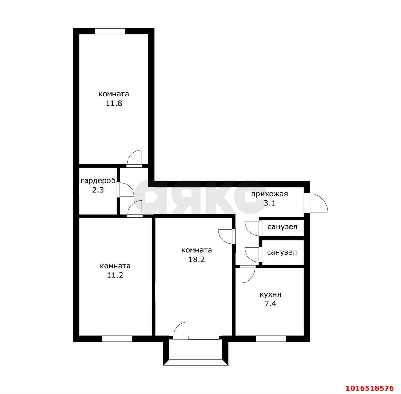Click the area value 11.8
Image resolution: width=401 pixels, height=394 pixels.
114,103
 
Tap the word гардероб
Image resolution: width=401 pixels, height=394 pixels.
98,181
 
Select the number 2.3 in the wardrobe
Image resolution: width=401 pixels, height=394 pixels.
98,190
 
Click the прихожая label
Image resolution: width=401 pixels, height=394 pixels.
269,194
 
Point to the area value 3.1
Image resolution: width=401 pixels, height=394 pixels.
269,203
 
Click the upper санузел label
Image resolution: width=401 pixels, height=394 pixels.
282,227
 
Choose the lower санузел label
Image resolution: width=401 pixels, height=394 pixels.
282,252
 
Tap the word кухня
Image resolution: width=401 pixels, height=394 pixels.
270,294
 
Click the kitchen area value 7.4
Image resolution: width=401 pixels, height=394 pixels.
270,304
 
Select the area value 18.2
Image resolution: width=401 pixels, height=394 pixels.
196,259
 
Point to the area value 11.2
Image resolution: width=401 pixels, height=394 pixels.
115,275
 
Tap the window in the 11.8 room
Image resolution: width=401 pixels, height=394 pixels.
110,31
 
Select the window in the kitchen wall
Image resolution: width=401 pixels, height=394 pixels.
271,339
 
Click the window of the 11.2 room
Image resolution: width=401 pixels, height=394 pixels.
117,339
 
